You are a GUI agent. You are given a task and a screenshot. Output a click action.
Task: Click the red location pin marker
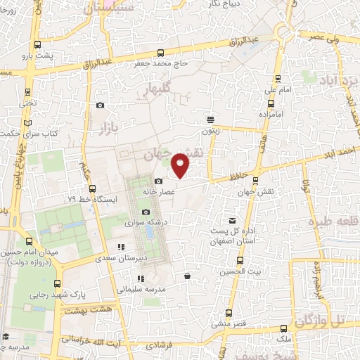(181, 166)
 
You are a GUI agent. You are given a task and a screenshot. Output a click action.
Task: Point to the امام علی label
(278, 90)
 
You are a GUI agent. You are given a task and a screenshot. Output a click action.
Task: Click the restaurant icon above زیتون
(210, 120)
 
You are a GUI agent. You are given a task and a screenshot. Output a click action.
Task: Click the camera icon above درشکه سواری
(146, 212)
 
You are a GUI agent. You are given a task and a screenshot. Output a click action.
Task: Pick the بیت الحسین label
(233, 271)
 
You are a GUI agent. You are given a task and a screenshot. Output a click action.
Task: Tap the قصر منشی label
(229, 324)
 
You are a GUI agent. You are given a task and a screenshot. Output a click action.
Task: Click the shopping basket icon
(186, 276)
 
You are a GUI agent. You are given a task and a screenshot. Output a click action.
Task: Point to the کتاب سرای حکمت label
(30, 133)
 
